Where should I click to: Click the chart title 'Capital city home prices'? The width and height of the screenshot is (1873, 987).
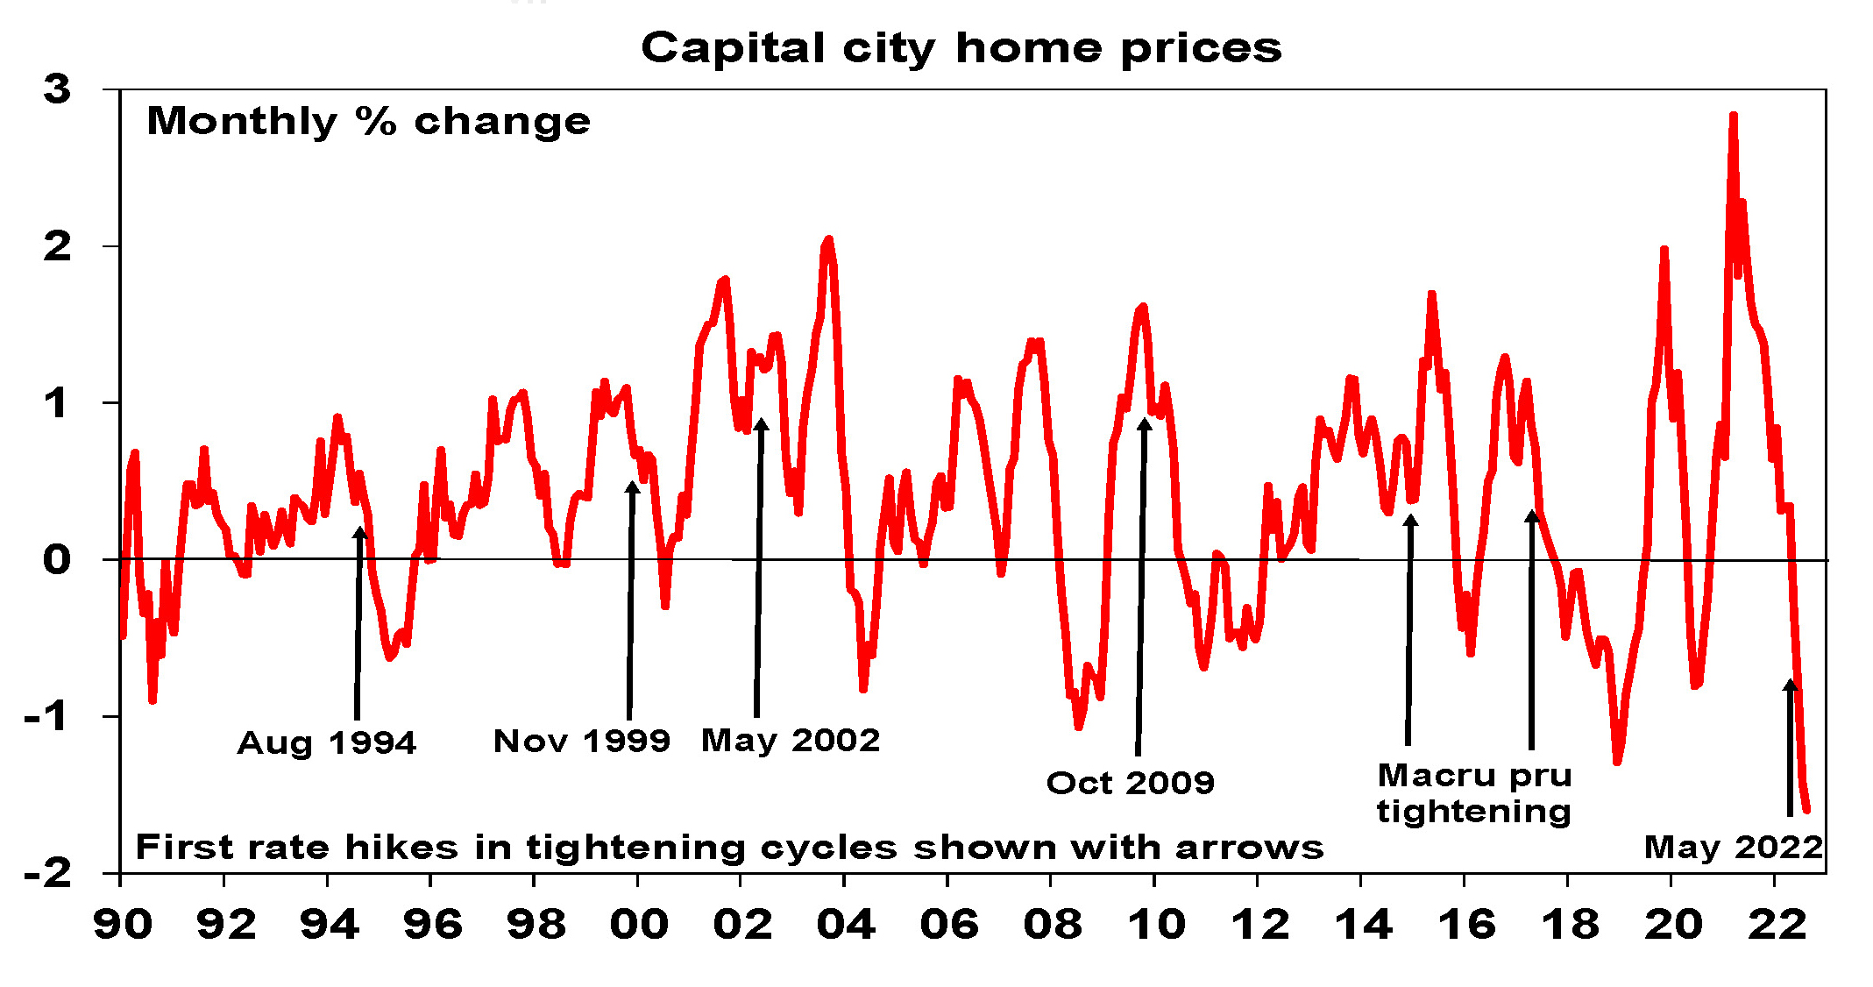[961, 47]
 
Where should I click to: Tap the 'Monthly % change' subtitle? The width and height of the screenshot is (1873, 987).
[368, 122]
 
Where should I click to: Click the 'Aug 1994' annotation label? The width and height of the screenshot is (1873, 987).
[326, 743]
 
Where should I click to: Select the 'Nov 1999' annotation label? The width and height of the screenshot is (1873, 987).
[581, 742]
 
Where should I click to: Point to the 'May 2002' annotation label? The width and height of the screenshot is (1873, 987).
[790, 741]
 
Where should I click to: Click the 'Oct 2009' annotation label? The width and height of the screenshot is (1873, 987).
[1130, 783]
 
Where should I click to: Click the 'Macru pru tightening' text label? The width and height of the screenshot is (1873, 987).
[1473, 793]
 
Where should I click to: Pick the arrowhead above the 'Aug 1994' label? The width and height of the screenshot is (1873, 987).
[359, 533]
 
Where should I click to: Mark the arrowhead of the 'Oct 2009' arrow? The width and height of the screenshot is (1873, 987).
[1144, 425]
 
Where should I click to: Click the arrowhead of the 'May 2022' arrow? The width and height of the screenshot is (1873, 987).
[1791, 685]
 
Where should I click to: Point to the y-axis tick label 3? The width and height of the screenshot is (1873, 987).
[58, 89]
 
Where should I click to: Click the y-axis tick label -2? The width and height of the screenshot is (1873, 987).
[49, 873]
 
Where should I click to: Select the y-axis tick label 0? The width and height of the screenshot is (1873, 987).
[58, 559]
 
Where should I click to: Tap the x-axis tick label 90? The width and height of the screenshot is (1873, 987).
[122, 925]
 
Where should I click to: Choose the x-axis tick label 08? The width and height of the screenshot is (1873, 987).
[1052, 925]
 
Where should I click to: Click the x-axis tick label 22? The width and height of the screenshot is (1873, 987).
[1776, 925]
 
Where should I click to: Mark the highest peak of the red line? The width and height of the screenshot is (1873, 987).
[1733, 116]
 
